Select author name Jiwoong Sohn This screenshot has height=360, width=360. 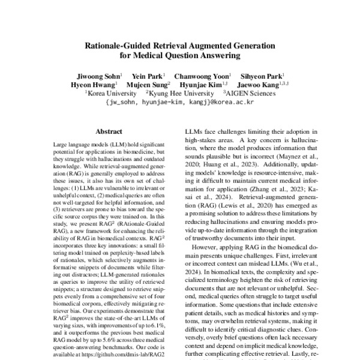[97, 76]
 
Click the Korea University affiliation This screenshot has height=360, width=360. [112, 94]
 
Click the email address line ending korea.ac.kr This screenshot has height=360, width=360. [179, 103]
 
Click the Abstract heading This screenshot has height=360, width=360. [109, 131]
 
